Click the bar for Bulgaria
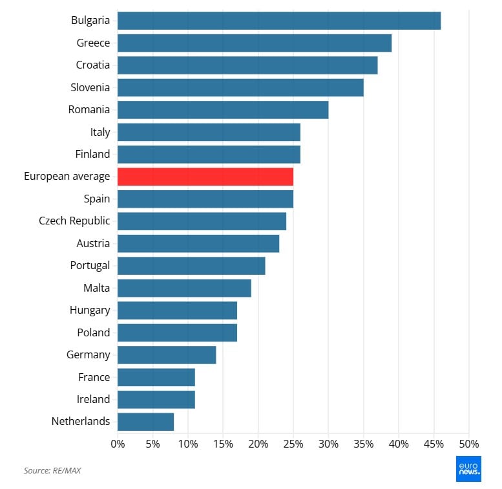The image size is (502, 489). coord(279,21)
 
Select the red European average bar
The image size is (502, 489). coord(205,177)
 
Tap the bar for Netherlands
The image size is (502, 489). coord(145,422)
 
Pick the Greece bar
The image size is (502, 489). coord(255,43)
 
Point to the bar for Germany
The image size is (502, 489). coord(167,354)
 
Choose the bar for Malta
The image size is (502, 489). coord(184,288)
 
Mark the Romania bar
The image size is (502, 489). coord(223,110)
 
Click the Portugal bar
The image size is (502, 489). coord(191,266)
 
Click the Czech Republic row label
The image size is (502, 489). coord(74,221)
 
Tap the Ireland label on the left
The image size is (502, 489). coord(93,399)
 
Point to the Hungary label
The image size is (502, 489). coord(90,310)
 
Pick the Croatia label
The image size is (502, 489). coord(92,65)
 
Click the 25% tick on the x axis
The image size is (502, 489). coord(293,444)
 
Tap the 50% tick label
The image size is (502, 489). coord(468,444)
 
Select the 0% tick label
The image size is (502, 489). coord(118,444)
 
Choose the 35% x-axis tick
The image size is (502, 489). coord(363,444)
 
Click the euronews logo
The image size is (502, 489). coord(468,470)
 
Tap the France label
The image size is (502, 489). coord(94,377)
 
